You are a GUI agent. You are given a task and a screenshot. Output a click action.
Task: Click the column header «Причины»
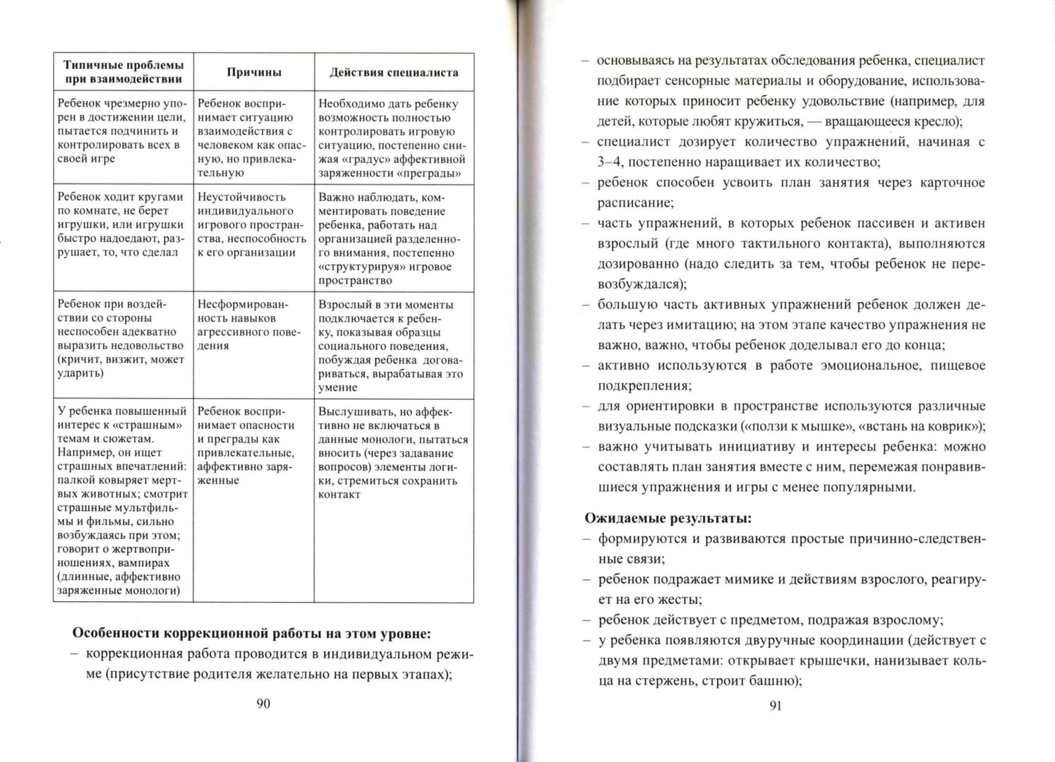[x=254, y=72]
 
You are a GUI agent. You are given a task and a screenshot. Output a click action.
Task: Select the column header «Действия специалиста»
[x=394, y=72]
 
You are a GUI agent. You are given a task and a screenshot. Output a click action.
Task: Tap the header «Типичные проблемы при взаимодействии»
[x=123, y=72]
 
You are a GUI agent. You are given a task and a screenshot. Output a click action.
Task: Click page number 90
[x=263, y=703]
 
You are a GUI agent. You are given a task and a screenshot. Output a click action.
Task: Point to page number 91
[x=775, y=706]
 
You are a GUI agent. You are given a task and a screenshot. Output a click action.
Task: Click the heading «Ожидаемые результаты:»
[x=668, y=518]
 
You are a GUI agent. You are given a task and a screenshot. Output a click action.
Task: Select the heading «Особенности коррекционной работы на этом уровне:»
[x=252, y=633]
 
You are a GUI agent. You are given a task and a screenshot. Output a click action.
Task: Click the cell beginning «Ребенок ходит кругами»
[x=121, y=224]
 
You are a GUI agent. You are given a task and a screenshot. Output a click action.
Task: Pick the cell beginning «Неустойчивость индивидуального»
[x=252, y=224]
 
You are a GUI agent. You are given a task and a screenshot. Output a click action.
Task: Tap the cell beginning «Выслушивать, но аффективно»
[x=392, y=452]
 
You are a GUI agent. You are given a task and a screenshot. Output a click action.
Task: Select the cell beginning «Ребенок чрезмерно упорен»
[x=121, y=131]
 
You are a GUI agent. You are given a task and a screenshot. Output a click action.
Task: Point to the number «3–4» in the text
[x=610, y=162]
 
